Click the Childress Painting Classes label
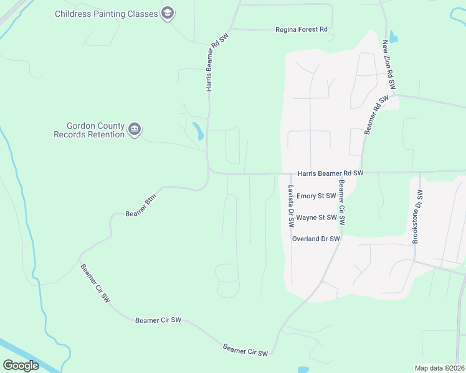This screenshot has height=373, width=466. coord(107,13)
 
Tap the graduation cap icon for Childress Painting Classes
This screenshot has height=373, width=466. coord(167,13)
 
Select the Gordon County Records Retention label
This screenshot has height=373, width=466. coord(89,130)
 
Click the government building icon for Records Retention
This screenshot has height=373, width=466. coord(135,129)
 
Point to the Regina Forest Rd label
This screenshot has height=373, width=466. coord(302,29)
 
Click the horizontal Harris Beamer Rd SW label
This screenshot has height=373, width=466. coord(330,173)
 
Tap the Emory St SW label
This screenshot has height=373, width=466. coord(316,196)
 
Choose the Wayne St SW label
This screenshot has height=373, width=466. coord(316,218)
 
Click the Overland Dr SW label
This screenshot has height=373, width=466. coord(316,239)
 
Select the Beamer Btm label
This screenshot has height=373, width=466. coord(141,208)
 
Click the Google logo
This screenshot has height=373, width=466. coord(21,365)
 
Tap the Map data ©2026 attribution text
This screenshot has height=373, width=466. coord(439,368)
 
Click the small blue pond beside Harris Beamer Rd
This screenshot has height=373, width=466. coord(197,131)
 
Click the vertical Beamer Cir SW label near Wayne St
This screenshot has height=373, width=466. coord(341,203)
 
